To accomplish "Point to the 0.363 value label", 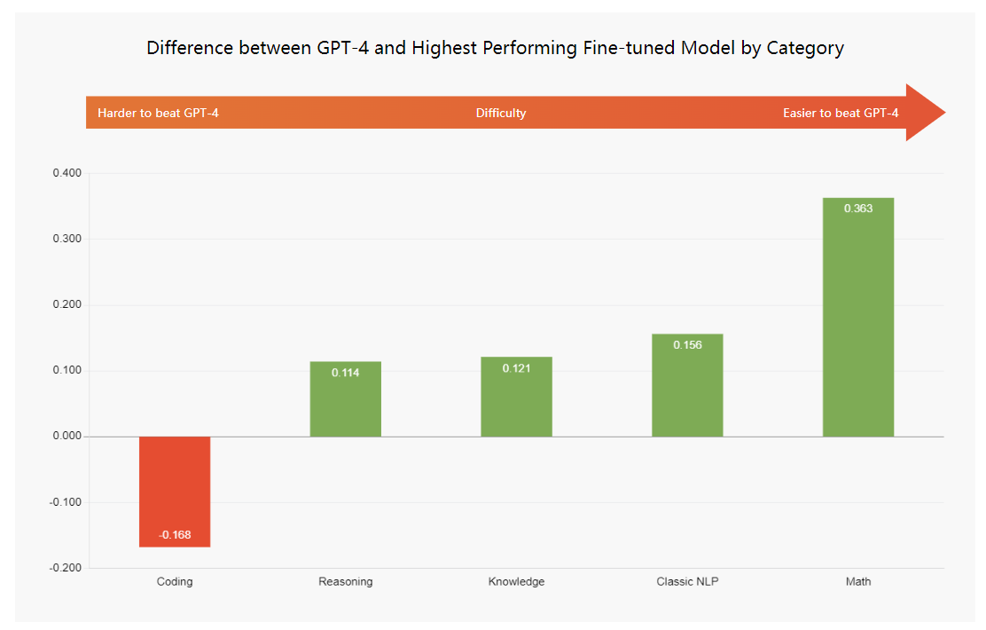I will [857, 209].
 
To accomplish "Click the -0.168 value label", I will [175, 535].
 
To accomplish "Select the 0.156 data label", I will [687, 345].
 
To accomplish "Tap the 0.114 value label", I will [346, 373].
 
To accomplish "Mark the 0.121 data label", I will [516, 368].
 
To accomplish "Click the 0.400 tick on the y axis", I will [67, 173].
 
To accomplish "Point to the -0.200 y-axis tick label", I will [66, 568].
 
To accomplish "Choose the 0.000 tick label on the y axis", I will [67, 437].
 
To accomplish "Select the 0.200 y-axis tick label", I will [67, 305].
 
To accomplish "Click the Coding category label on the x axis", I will [175, 582].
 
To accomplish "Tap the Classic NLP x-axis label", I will [687, 582].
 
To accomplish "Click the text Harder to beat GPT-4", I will [158, 113].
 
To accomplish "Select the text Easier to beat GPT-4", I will [840, 113].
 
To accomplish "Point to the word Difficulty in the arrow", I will [501, 113].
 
